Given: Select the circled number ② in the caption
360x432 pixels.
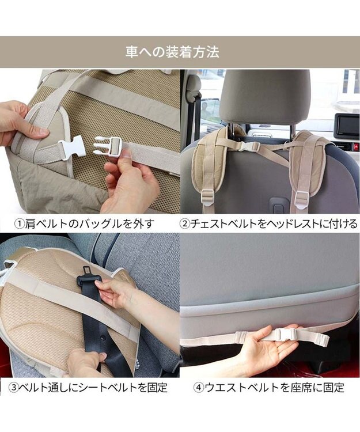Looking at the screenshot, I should (x=185, y=223).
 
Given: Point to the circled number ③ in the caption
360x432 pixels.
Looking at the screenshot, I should (x=13, y=387).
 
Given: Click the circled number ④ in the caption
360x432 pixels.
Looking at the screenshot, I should (x=199, y=387).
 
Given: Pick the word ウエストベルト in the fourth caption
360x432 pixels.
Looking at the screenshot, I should (x=239, y=387).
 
